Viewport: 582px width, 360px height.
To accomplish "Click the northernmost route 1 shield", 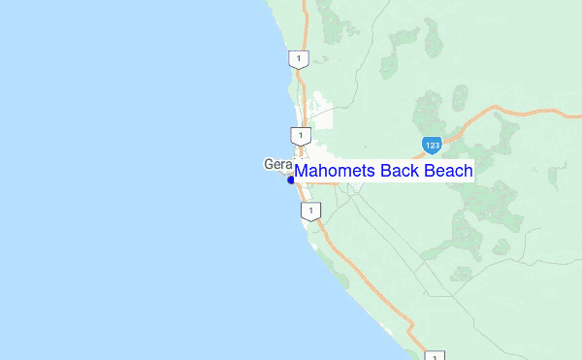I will click(x=299, y=59).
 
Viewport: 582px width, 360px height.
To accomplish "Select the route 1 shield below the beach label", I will click(x=308, y=211).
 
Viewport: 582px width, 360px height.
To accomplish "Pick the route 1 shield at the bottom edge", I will click(x=436, y=355).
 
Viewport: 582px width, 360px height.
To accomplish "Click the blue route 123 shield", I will click(x=433, y=146).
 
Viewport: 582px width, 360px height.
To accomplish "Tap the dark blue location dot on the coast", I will click(x=291, y=180).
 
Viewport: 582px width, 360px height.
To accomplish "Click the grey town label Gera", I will click(x=277, y=164).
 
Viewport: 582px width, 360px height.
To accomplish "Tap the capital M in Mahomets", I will click(x=301, y=172).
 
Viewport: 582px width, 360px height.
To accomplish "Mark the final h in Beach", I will click(x=467, y=172).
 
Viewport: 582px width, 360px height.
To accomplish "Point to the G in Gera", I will click(x=269, y=164).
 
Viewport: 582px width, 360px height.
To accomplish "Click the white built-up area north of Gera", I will click(x=319, y=112).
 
